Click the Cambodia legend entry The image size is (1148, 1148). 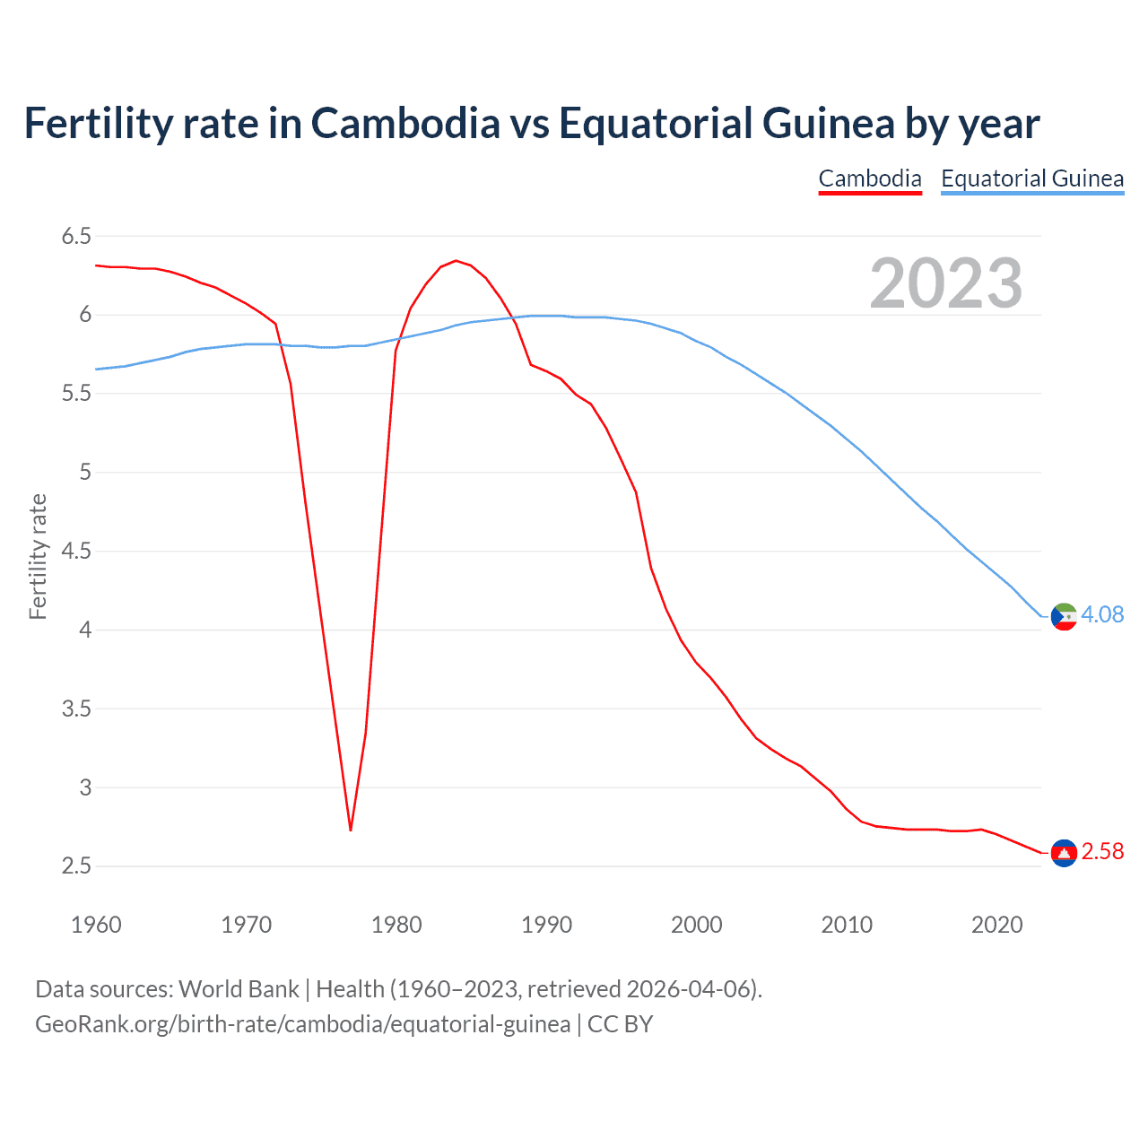click(x=869, y=178)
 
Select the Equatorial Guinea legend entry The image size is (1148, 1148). click(x=1031, y=178)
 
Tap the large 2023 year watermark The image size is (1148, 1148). click(x=945, y=283)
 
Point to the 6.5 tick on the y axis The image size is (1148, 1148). click(x=76, y=237)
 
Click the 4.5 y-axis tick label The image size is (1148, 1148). click(x=76, y=552)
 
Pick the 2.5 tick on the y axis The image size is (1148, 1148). click(x=76, y=866)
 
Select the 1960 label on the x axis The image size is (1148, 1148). click(x=96, y=925)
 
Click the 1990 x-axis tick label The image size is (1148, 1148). click(x=546, y=925)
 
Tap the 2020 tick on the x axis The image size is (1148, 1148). click(x=996, y=925)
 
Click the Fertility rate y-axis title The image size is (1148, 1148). click(x=38, y=556)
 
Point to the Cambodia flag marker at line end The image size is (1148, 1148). click(x=1064, y=853)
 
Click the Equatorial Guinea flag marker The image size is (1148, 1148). click(x=1064, y=616)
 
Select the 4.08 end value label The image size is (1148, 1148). click(x=1102, y=614)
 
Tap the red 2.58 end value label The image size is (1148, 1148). click(x=1102, y=851)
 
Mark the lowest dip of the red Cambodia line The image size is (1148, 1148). click(x=351, y=830)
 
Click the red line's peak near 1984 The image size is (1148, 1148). click(x=456, y=261)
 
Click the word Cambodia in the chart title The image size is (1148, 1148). click(x=405, y=123)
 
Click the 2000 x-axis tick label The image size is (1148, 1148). click(x=696, y=925)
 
